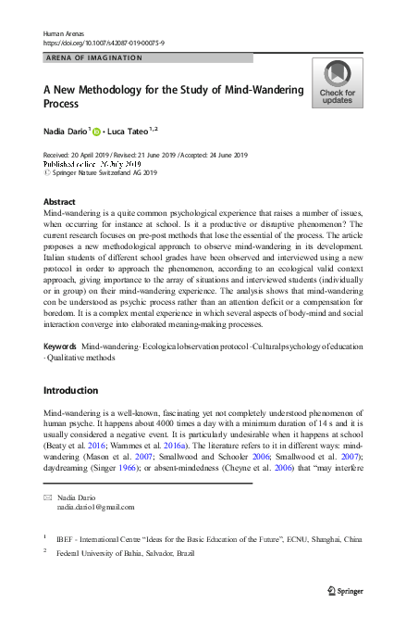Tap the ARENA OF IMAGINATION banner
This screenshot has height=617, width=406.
93,57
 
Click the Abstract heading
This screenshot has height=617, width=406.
60,201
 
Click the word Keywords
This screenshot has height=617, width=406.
60,346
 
